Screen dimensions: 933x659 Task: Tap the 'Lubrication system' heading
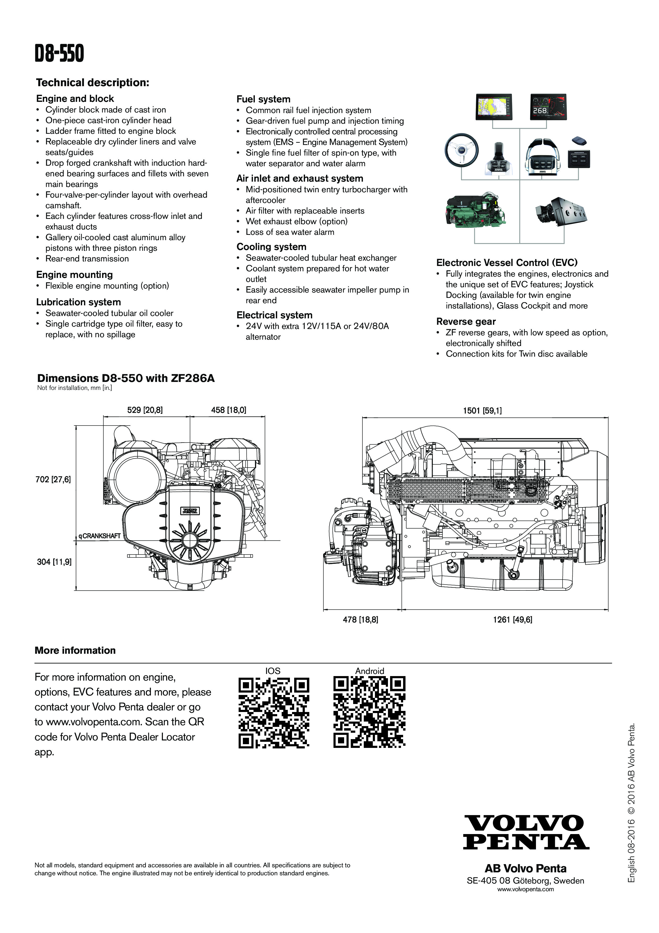point(78,302)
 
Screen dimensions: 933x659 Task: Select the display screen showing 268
point(548,107)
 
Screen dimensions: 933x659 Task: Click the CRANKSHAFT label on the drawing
point(100,536)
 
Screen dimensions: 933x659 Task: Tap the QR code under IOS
point(273,713)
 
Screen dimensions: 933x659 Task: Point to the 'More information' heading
point(75,650)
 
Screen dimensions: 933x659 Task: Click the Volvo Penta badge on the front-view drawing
point(190,511)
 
